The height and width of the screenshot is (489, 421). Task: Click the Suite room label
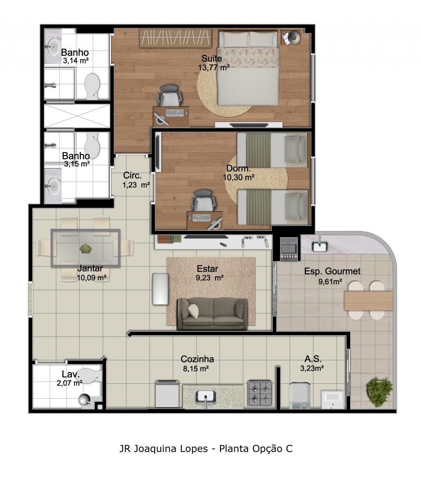212,58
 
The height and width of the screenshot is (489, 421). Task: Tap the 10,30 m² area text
238,178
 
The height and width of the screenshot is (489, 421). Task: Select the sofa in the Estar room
213,314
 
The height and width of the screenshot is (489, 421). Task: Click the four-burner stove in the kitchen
260,393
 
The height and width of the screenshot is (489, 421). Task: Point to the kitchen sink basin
206,397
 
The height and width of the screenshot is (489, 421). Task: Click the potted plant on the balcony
379,392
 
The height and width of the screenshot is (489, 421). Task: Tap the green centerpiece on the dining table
85,248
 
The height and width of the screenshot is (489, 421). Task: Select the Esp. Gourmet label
332,271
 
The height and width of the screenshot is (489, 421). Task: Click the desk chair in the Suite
169,96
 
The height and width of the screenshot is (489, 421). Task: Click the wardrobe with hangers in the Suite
175,38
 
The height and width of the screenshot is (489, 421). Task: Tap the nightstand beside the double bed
291,37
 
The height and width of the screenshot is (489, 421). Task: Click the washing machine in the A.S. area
300,395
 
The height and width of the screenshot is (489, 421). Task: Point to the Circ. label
132,175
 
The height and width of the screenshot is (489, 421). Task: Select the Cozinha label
197,359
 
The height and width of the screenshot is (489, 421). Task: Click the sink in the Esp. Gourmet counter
319,246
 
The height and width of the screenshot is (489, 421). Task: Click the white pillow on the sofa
193,311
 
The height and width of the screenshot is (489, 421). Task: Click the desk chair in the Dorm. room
204,201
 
